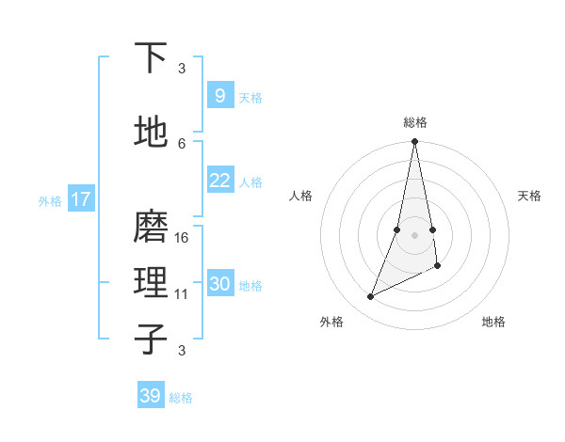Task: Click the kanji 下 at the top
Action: click(152, 58)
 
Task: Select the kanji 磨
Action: click(152, 227)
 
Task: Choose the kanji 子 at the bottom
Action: click(152, 339)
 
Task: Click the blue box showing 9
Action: click(219, 96)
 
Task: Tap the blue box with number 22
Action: click(219, 181)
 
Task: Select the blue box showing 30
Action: click(219, 284)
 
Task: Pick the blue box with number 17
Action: click(81, 199)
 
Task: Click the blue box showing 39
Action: click(151, 396)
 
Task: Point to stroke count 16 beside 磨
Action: click(182, 237)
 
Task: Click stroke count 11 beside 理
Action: click(182, 293)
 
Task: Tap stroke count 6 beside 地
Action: click(182, 143)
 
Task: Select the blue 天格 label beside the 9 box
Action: click(250, 97)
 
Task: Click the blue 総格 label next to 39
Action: click(181, 397)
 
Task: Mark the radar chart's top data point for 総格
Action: click(414, 142)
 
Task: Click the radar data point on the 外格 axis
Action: click(370, 297)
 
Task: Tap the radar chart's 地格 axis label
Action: click(493, 322)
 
